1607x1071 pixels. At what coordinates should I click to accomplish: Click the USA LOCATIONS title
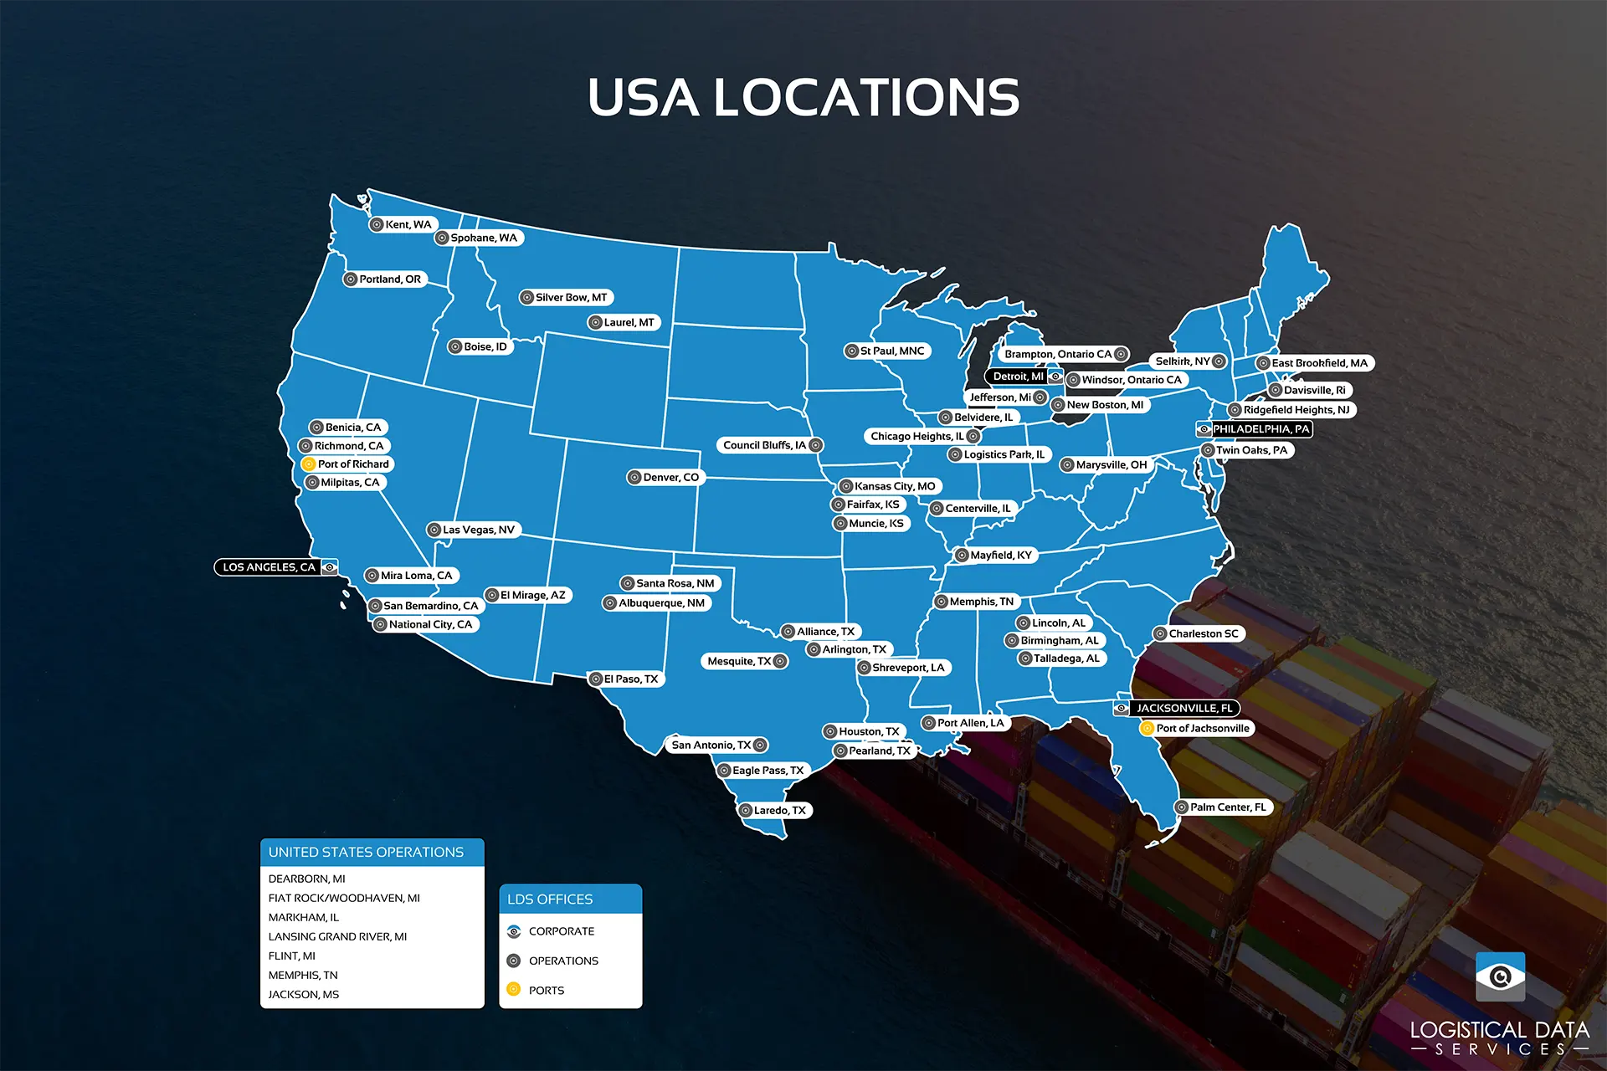pos(803,97)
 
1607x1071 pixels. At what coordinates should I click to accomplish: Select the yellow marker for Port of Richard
pos(308,464)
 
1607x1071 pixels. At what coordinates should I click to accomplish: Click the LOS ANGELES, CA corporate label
pos(269,567)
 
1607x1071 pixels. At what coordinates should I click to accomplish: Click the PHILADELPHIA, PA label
pos(1260,429)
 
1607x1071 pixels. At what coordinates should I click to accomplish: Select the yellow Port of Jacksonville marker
pos(1147,729)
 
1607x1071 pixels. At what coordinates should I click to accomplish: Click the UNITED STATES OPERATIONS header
pos(366,852)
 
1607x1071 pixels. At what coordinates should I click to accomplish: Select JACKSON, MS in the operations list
pos(304,995)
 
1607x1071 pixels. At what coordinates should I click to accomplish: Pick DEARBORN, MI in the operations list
pos(306,879)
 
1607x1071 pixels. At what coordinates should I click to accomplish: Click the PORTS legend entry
pos(547,991)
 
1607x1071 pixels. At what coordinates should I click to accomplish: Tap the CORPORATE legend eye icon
pos(514,931)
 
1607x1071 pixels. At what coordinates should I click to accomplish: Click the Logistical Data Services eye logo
pos(1500,976)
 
